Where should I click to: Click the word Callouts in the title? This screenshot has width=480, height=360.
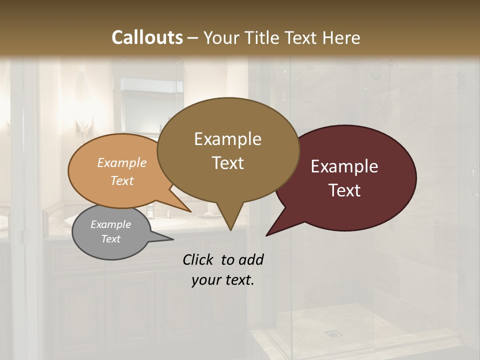(x=147, y=37)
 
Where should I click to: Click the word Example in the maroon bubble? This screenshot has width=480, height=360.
(x=344, y=166)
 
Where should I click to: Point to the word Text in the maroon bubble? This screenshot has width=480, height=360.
(x=345, y=190)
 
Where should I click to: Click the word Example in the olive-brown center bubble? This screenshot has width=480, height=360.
(x=227, y=139)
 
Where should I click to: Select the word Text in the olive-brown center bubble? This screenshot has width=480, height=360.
(x=228, y=163)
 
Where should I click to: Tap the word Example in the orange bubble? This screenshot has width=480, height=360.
(x=122, y=162)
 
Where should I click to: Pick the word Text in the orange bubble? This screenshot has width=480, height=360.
(x=122, y=180)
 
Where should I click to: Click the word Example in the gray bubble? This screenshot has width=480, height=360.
(x=110, y=224)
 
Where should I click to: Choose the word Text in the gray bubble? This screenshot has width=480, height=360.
(x=111, y=239)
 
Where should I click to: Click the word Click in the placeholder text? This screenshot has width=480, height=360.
(x=199, y=259)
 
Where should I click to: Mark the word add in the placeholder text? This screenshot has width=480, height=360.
(x=251, y=259)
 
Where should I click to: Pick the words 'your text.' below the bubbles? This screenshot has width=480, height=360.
(x=223, y=280)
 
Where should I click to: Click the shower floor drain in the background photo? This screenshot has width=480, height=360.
(x=330, y=332)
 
